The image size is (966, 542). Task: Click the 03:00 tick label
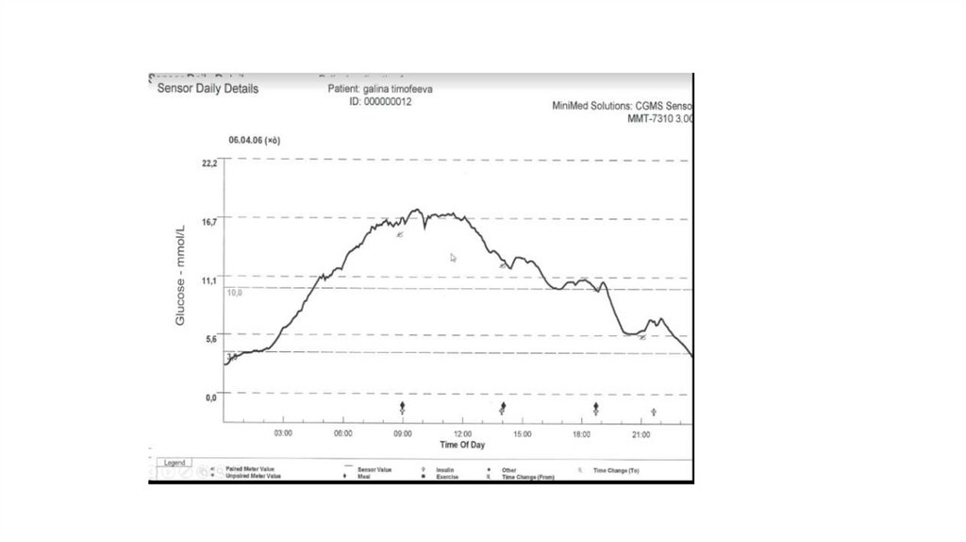click(x=283, y=433)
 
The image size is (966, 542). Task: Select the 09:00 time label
click(x=403, y=433)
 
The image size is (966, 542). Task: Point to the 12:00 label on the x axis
click(x=462, y=433)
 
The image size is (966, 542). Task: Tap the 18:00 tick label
click(x=582, y=433)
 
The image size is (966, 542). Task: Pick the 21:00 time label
click(x=641, y=433)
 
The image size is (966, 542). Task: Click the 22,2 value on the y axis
click(x=209, y=163)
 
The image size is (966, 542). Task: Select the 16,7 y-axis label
click(x=209, y=222)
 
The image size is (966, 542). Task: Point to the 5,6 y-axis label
click(x=210, y=338)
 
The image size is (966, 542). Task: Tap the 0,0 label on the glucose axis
click(x=210, y=398)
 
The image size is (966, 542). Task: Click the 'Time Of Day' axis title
click(x=462, y=444)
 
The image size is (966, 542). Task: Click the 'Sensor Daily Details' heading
click(x=208, y=89)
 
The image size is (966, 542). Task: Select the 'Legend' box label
click(x=175, y=463)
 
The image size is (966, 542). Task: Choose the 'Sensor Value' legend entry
click(x=375, y=469)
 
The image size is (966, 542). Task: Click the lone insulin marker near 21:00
click(x=654, y=412)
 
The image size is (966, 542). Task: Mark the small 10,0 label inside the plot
click(x=235, y=293)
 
